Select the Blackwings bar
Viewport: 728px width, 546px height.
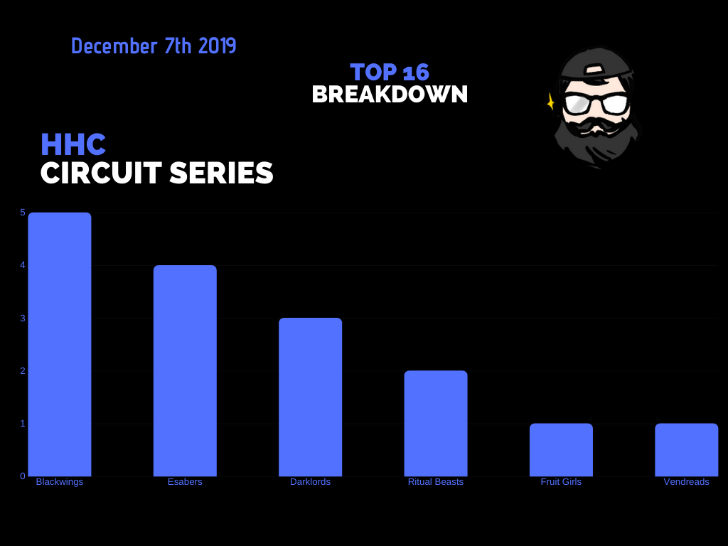[x=60, y=344]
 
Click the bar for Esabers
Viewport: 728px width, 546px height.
[x=185, y=370]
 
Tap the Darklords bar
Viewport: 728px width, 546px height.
[x=310, y=397]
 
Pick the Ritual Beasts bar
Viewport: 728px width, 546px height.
[x=436, y=423]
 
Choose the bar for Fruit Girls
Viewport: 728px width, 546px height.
[x=561, y=449]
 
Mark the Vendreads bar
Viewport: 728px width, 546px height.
[x=686, y=449]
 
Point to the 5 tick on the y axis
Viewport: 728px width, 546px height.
[x=23, y=212]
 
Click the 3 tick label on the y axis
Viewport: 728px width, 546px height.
[x=23, y=318]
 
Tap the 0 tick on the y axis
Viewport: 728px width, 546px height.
[x=23, y=476]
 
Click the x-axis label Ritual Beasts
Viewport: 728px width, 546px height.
[x=436, y=482]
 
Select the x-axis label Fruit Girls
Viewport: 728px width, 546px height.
[x=561, y=482]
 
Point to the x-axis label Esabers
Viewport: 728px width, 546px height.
[x=185, y=482]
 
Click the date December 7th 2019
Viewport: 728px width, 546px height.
[x=154, y=46]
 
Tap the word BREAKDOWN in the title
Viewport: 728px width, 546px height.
[x=390, y=94]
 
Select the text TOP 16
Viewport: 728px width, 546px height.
[x=390, y=72]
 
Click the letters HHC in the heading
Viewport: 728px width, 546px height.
[x=73, y=144]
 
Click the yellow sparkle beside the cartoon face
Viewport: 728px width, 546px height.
[x=550, y=102]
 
